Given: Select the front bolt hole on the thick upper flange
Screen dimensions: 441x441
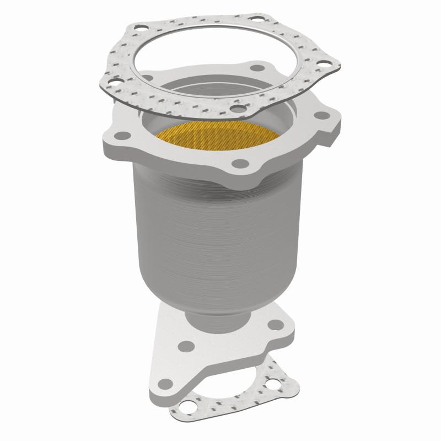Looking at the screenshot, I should click(x=238, y=164).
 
